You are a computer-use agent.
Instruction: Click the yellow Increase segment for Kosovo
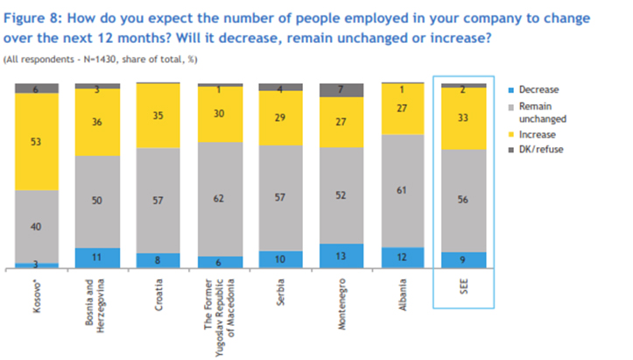coord(37,141)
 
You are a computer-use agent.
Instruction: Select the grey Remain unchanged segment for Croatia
coord(158,200)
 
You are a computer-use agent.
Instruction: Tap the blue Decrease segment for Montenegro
coord(342,255)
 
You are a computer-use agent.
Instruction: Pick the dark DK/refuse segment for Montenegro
coord(342,89)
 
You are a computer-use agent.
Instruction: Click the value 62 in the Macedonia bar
coord(220,199)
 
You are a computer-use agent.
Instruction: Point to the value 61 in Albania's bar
coord(403,190)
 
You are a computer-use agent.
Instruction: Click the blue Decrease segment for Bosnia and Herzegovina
coord(97,258)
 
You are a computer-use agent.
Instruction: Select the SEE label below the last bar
coord(464,287)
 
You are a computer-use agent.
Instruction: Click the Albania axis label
coord(403,292)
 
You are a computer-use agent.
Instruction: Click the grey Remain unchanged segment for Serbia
coord(281,198)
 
